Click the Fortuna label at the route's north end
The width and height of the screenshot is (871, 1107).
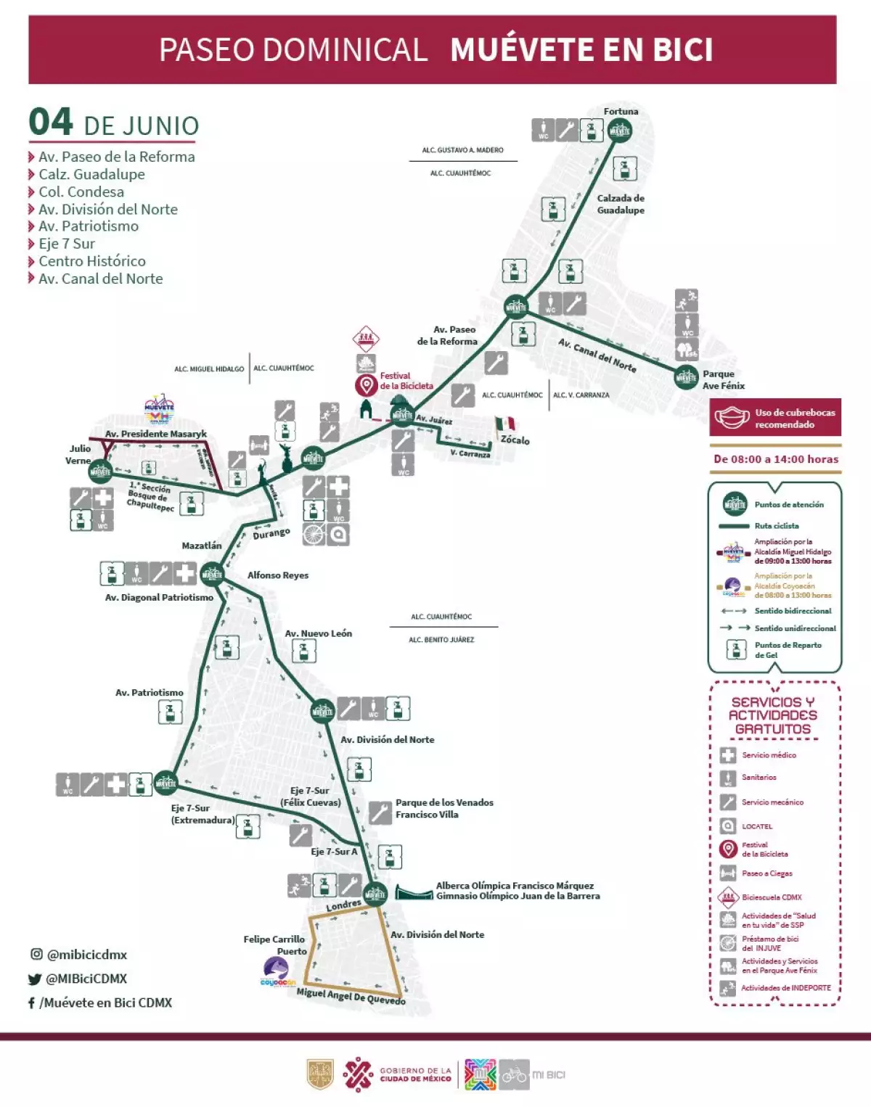point(621,111)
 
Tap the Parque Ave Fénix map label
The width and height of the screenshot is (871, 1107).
point(723,380)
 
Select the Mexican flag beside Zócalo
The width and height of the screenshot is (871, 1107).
point(506,424)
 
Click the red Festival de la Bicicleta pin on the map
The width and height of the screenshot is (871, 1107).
point(366,386)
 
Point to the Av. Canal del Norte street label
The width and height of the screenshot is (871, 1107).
point(597,355)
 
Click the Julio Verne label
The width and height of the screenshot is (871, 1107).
point(79,454)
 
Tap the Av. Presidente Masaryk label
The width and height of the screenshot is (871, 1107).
point(156,434)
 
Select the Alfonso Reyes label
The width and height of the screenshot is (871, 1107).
point(278,575)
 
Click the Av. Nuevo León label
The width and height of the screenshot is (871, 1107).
point(318,633)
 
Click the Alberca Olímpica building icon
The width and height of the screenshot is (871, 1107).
point(414,892)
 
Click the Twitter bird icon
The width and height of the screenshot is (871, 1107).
point(34,979)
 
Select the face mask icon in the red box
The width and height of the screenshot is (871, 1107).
point(732,418)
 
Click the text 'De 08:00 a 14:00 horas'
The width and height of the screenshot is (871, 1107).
point(775,459)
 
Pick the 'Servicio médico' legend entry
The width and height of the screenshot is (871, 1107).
point(769,755)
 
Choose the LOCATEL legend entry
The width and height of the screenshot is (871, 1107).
point(756,826)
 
